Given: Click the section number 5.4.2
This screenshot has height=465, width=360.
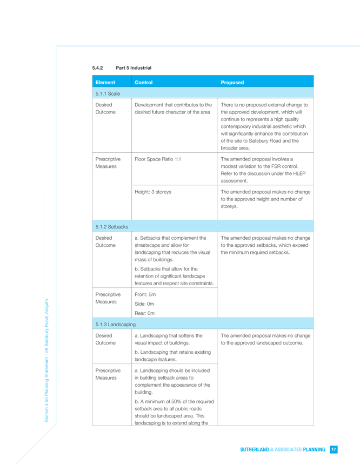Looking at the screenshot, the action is click(x=97, y=68).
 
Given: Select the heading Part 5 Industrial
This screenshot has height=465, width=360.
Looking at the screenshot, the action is click(x=134, y=68).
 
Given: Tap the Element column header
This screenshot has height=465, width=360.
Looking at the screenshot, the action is click(x=105, y=83).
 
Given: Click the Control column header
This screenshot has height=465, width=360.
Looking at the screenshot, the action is click(x=144, y=83).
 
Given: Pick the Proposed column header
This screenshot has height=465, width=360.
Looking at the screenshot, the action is click(x=232, y=83).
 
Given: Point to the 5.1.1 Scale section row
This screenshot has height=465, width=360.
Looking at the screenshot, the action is click(x=203, y=94).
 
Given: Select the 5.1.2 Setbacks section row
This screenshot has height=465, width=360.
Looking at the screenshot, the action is click(x=203, y=227).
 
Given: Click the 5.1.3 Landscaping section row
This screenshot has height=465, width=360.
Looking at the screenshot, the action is click(x=203, y=325).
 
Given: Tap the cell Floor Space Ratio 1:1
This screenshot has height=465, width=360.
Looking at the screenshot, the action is click(x=158, y=159).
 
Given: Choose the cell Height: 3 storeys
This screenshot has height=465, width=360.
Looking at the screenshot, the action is click(x=153, y=192).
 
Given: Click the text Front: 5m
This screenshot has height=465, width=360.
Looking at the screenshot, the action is click(x=145, y=294).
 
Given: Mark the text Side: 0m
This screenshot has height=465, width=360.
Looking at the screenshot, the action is click(x=144, y=304).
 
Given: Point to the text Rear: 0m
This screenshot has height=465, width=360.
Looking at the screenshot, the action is click(x=144, y=313).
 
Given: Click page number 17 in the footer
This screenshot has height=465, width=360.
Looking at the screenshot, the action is click(x=334, y=449).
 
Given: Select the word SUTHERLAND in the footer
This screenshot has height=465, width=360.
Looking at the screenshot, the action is click(x=255, y=449).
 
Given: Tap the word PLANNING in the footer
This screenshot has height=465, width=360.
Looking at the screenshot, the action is click(x=314, y=449).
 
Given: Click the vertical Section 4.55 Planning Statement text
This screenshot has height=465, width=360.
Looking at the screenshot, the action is click(x=46, y=361).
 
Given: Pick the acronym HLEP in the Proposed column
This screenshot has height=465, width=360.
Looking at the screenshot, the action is click(x=299, y=173).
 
